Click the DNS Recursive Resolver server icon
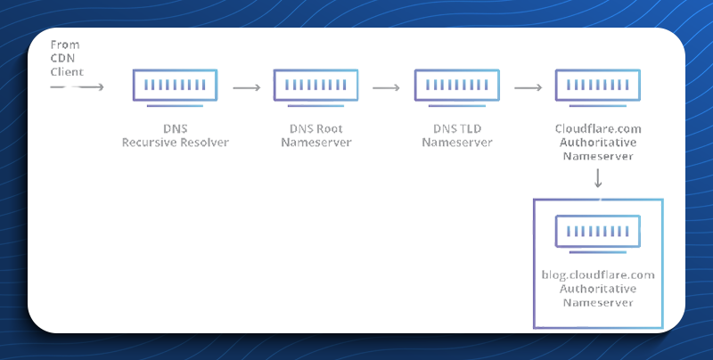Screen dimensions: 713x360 pos(175,87)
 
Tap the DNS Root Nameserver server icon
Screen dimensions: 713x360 pos(316,87)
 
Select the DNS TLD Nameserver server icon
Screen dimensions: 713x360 pos(457,87)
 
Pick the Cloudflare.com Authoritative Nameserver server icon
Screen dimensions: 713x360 pos(598,87)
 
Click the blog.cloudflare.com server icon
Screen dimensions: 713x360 pos(598,233)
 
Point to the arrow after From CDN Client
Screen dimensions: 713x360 pos(78,86)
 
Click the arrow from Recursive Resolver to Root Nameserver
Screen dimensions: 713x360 pos(247,87)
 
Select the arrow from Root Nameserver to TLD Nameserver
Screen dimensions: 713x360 pos(387,87)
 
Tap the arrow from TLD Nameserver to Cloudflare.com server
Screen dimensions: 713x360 pos(529,87)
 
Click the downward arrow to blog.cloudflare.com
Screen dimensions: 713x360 pos(598,178)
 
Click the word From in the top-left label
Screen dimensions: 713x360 pos(65,45)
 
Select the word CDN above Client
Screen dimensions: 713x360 pos(62,58)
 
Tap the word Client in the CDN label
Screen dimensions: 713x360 pos(68,72)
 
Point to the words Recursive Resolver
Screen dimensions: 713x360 pos(176,143)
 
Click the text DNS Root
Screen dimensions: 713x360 pos(316,128)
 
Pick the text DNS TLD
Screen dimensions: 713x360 pos(457,128)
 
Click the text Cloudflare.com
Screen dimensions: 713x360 pos(598,128)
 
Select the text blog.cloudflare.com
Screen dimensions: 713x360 pos(598,275)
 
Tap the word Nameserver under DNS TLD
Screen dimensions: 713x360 pos(457,143)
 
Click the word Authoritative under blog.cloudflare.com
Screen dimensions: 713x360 pos(598,289)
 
